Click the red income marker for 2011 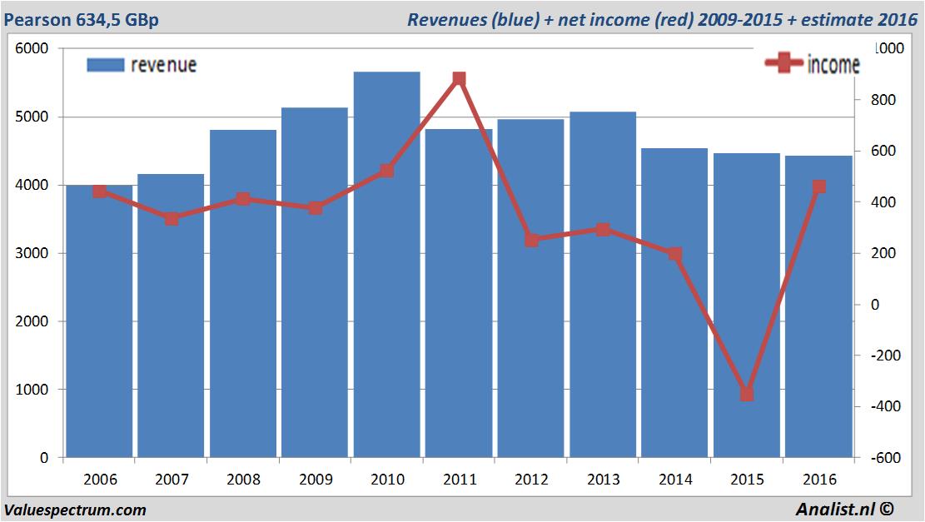[x=459, y=79]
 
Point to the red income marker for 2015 [x=747, y=394]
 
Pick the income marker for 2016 [x=818, y=186]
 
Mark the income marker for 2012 [x=531, y=240]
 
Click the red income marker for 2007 [x=172, y=218]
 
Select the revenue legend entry [x=142, y=65]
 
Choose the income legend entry [x=812, y=64]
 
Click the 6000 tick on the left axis [x=32, y=48]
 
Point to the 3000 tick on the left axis [x=32, y=253]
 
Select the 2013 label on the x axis [x=603, y=480]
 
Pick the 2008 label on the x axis [x=243, y=480]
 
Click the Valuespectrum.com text [x=75, y=510]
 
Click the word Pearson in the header [x=34, y=19]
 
